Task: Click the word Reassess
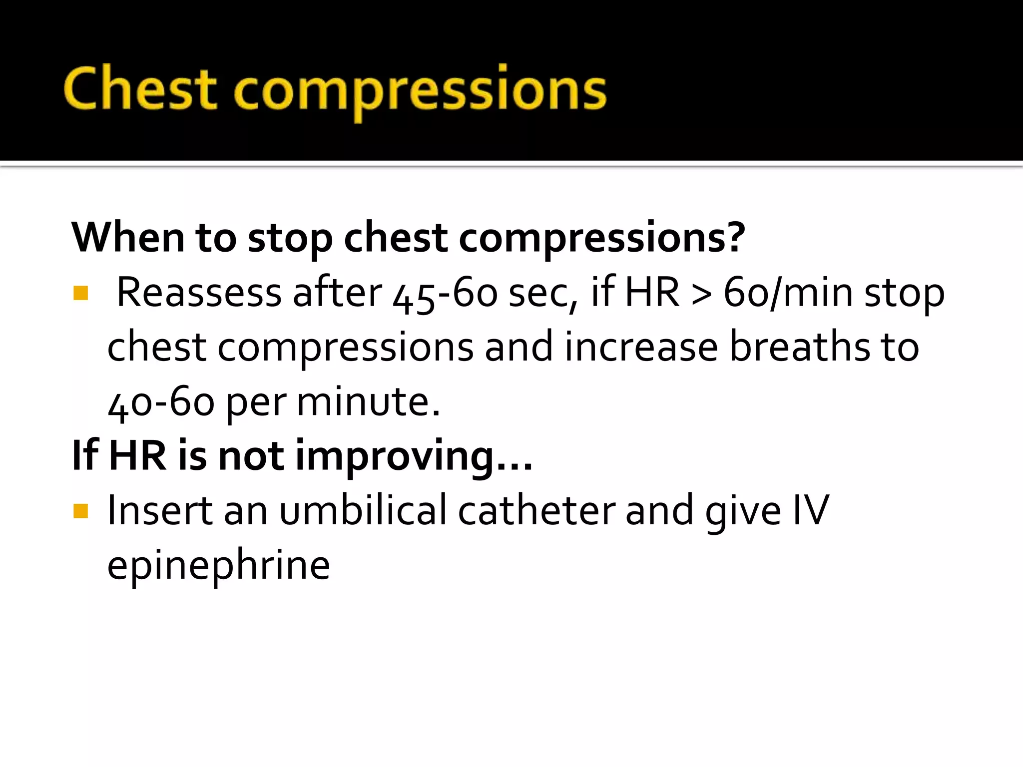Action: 199,292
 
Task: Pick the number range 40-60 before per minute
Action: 161,402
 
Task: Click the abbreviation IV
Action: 811,510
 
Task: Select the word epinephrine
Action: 219,566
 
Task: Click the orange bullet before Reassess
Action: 80,293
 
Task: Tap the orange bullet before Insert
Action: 80,511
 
